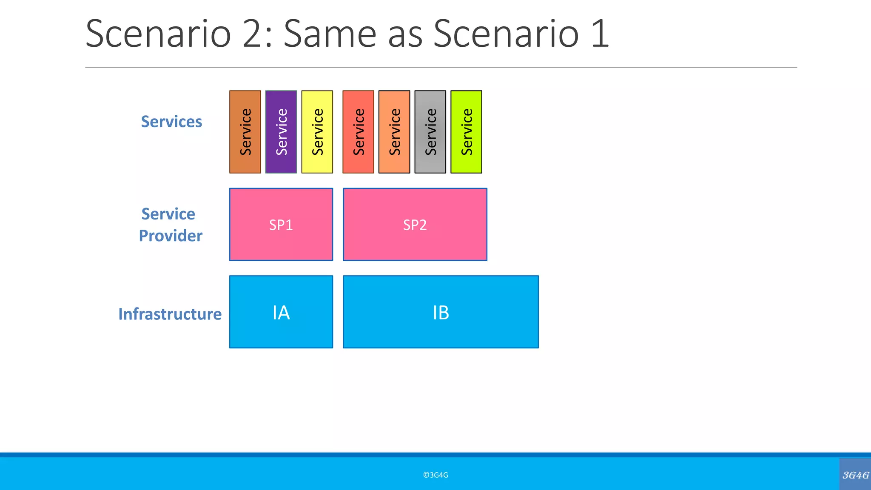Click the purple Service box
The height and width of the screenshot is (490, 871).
pos(281,132)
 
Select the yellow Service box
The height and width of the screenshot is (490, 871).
pos(317,132)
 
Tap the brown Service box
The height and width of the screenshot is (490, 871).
pos(245,132)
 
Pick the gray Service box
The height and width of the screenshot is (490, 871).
pos(430,132)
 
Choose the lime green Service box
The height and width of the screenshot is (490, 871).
pos(466,132)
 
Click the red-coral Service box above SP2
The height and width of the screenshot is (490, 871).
pos(358,132)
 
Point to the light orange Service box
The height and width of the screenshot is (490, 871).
pos(394,132)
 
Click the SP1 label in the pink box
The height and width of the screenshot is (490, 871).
pos(281,225)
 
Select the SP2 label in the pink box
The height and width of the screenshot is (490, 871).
pos(415,225)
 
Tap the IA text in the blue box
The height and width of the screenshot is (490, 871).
pos(281,313)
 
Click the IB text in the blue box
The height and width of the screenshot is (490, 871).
pos(441,313)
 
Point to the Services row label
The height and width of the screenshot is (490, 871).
pos(171,122)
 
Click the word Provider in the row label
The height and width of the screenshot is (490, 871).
pos(171,236)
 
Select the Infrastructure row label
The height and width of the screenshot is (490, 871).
pos(170,314)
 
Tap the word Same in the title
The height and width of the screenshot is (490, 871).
pos(330,34)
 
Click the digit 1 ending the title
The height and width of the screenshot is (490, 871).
pos(600,34)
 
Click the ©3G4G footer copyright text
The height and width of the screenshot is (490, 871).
pos(435,475)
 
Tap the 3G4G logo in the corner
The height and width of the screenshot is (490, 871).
pos(855,475)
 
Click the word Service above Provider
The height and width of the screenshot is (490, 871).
pos(168,214)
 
